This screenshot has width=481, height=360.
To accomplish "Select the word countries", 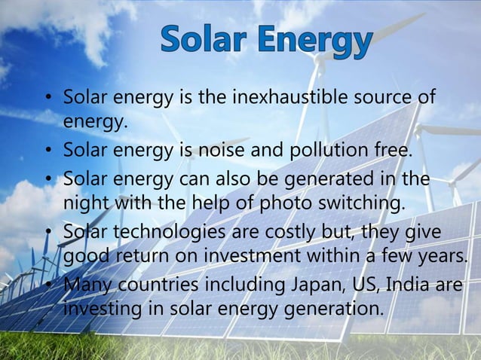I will [150, 285].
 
